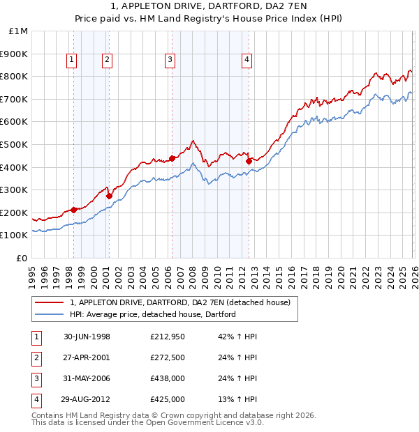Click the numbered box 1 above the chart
click(x=73, y=61)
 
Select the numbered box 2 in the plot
click(x=107, y=61)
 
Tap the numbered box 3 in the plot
click(x=170, y=61)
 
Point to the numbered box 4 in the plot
click(x=247, y=61)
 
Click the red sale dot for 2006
click(x=172, y=158)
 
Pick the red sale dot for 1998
click(x=74, y=209)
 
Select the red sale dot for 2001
click(x=109, y=196)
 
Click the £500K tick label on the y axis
click(x=14, y=144)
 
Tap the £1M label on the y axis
click(x=19, y=31)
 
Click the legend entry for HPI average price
click(x=153, y=314)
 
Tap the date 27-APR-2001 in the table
click(x=87, y=357)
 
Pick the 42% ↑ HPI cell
click(x=238, y=337)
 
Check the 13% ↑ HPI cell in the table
click(x=238, y=399)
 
